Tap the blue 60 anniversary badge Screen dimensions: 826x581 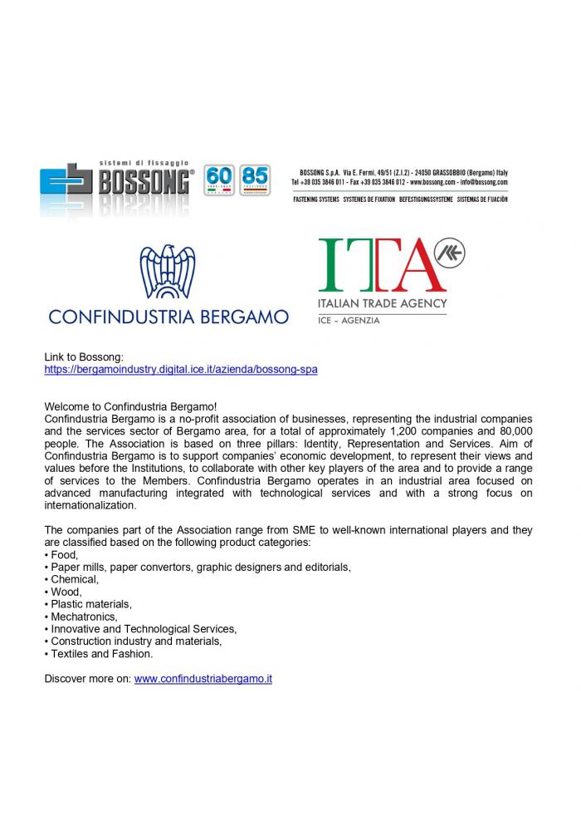click(x=219, y=180)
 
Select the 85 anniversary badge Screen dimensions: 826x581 click(x=255, y=180)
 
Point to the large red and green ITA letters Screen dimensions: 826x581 click(x=378, y=264)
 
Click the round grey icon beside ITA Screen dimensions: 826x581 click(x=451, y=253)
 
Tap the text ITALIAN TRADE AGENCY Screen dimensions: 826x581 click(x=383, y=303)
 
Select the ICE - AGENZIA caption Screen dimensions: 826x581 click(x=349, y=320)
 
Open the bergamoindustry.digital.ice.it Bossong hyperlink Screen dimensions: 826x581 click(x=181, y=368)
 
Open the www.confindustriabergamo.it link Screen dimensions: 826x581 click(x=203, y=678)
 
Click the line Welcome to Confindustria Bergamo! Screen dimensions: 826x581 click(x=130, y=406)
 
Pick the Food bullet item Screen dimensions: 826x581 click(x=64, y=554)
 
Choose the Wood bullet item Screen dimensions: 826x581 click(x=66, y=592)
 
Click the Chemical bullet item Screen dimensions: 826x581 click(x=74, y=579)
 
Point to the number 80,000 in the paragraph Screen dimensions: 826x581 click(x=508, y=431)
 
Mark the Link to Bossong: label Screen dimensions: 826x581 click(x=83, y=356)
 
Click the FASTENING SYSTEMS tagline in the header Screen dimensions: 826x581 click(x=316, y=199)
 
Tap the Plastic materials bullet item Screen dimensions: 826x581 click(x=90, y=604)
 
